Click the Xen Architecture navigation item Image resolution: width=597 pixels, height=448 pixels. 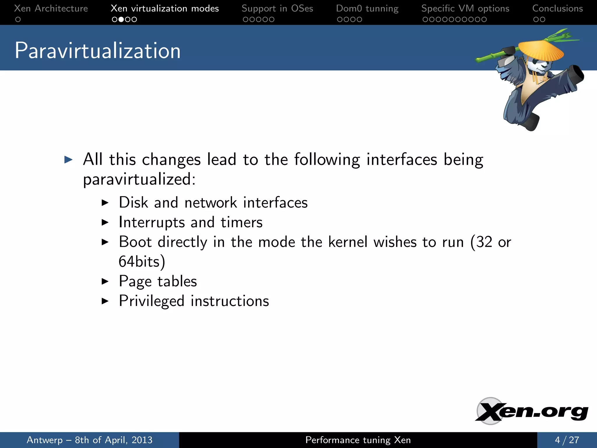click(x=51, y=8)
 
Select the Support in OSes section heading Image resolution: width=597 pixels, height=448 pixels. click(x=277, y=8)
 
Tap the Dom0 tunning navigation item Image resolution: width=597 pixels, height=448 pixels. click(x=367, y=8)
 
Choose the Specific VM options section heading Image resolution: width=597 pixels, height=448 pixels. click(x=465, y=8)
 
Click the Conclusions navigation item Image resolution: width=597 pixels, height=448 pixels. click(x=557, y=8)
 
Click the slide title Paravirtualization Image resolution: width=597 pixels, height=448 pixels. click(x=98, y=50)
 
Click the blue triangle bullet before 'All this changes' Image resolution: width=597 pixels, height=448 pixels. click(x=68, y=160)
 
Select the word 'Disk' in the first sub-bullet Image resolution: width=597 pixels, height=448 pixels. click(x=133, y=202)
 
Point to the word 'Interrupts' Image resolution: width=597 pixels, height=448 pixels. click(x=152, y=222)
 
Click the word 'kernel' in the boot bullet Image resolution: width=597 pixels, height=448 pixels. click(x=347, y=242)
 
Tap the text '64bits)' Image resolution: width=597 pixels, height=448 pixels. click(x=142, y=262)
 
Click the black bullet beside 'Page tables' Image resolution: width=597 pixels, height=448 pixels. click(x=105, y=281)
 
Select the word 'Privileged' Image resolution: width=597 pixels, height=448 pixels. click(x=152, y=301)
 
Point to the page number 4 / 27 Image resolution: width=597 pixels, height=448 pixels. click(x=567, y=440)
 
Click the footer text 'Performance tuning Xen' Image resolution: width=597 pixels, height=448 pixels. click(x=358, y=440)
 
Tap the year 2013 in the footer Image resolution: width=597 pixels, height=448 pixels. click(x=142, y=440)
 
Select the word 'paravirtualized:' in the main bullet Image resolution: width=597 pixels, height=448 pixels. click(x=139, y=179)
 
